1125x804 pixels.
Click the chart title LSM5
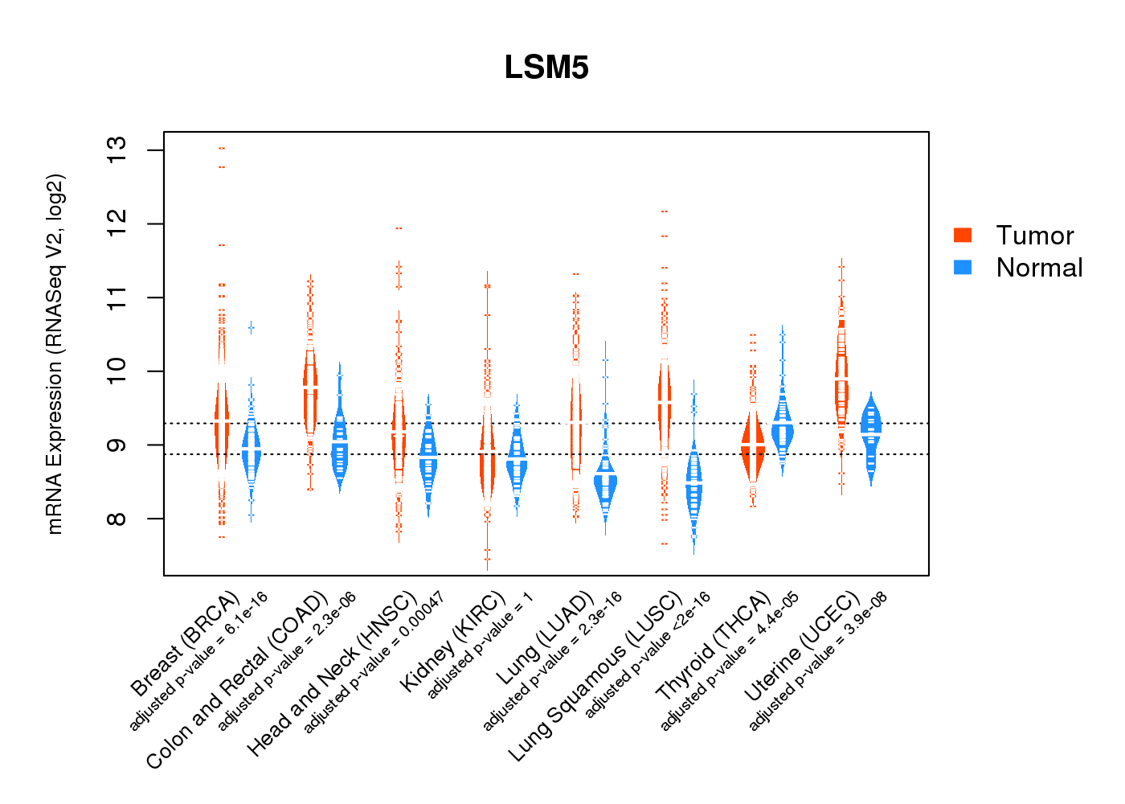pyautogui.click(x=546, y=68)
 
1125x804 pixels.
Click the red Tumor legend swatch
pyautogui.click(x=963, y=235)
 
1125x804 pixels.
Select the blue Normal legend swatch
pyautogui.click(x=963, y=267)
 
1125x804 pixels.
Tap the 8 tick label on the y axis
pyautogui.click(x=117, y=519)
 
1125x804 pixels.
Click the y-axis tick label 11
pyautogui.click(x=117, y=297)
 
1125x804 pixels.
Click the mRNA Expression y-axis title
pyautogui.click(x=55, y=354)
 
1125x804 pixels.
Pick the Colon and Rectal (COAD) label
pyautogui.click(x=237, y=680)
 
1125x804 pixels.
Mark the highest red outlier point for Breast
pyautogui.click(x=222, y=148)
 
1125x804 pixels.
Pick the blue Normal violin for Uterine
pyautogui.click(x=871, y=430)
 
